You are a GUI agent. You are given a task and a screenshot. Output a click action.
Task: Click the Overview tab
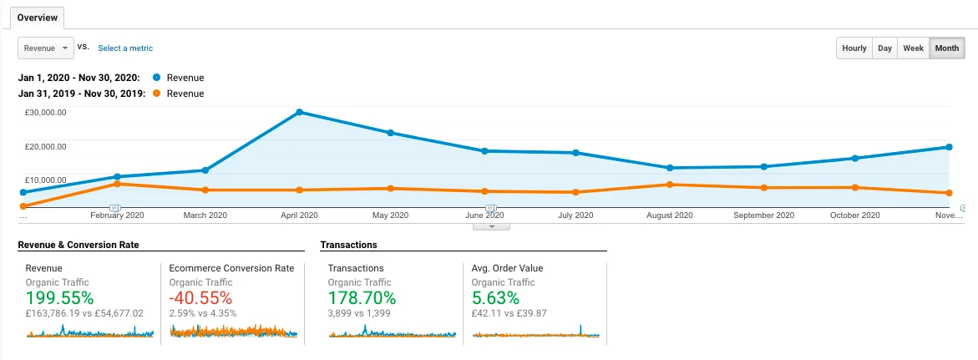37,18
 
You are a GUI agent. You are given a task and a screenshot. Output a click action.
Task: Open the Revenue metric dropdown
46,48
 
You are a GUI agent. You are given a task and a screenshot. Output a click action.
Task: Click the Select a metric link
125,48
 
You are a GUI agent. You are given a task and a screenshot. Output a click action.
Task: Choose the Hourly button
854,48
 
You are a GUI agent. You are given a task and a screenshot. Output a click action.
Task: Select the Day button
884,48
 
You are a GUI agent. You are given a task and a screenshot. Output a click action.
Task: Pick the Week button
913,48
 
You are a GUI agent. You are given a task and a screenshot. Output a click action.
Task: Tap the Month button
946,48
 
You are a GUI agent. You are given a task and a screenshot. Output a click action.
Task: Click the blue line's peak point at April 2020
299,112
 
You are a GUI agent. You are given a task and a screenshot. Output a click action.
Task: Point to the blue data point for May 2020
390,133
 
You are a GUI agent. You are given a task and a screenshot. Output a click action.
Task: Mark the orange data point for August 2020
669,185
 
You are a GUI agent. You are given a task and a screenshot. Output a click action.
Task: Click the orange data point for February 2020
116,184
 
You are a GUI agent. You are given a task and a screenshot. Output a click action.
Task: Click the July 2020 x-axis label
575,215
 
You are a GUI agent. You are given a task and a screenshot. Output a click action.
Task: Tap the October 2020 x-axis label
854,215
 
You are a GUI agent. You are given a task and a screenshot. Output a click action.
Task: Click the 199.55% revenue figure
59,298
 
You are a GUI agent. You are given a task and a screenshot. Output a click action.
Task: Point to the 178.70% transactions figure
362,298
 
